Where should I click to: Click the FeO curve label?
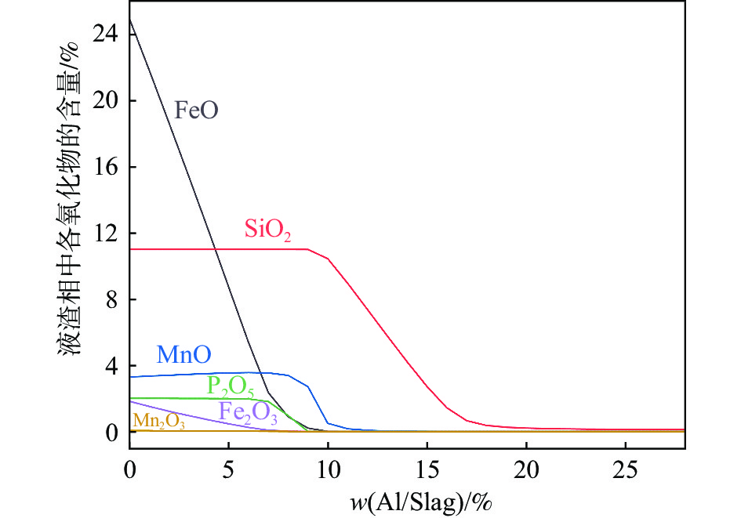tap(195, 110)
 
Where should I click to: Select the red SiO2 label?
tap(267, 230)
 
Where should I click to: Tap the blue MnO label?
tap(183, 354)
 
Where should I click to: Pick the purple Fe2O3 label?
tap(247, 411)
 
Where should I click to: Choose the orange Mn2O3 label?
tap(158, 422)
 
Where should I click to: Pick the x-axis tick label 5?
tap(228, 473)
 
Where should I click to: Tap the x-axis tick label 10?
tap(328, 473)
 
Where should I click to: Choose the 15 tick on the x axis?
tap(427, 473)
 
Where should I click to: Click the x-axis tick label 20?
tap(526, 473)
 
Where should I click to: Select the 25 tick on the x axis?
tap(625, 473)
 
